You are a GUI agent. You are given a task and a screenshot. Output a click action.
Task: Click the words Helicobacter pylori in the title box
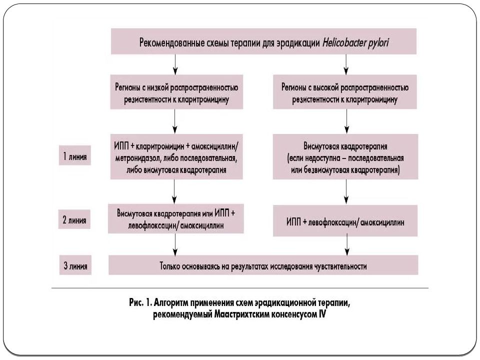coord(355,42)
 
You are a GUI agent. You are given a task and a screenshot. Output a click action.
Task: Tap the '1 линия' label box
coord(74,155)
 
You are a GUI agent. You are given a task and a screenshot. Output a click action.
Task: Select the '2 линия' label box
coord(74,219)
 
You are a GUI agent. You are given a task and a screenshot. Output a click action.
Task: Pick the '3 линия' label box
coord(75,265)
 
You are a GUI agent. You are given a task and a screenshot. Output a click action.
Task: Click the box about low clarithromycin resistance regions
coord(176,92)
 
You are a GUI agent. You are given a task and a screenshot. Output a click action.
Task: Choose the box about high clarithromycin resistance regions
coord(345,92)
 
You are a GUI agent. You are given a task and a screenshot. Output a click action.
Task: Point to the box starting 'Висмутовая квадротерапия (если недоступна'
coord(345,156)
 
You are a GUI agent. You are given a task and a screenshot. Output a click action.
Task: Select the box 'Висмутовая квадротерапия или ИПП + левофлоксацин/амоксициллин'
coord(176,219)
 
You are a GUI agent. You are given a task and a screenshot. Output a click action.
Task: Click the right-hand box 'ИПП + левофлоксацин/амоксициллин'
coord(345,220)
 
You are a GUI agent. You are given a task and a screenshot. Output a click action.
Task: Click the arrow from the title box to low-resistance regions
coord(175,64)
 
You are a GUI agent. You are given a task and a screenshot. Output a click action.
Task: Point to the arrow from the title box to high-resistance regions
coord(346,64)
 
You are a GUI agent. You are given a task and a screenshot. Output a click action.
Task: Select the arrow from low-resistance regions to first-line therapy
coord(175,121)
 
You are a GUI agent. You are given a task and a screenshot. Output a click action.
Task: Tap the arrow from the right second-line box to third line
coord(347,245)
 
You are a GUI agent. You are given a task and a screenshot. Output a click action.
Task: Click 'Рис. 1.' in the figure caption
coord(140,303)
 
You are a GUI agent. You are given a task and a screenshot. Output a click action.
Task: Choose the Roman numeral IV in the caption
coord(322,314)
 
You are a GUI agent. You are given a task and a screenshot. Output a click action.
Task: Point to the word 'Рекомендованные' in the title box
coord(168,42)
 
